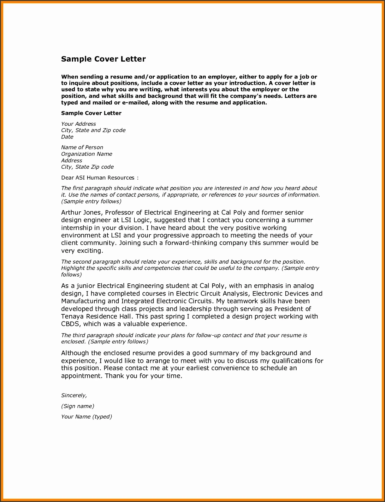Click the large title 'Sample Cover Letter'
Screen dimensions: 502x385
(103, 59)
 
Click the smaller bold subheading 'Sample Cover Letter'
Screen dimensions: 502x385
(91, 113)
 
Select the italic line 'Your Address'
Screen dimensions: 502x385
(78, 124)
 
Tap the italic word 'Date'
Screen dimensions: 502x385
(67, 137)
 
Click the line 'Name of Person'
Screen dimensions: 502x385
(82, 147)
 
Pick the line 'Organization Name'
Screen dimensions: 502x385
(87, 154)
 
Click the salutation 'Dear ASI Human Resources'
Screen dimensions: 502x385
(98, 178)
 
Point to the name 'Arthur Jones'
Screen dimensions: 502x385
(81, 213)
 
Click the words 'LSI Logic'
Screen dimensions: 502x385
(135, 220)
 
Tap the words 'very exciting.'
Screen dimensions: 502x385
(82, 251)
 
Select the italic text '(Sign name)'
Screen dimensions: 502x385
(77, 406)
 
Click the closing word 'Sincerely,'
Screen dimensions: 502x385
(74, 395)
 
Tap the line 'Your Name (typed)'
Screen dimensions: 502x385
(87, 417)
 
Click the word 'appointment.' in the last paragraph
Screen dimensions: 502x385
(82, 376)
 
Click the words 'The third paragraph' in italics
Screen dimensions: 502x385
(88, 335)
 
